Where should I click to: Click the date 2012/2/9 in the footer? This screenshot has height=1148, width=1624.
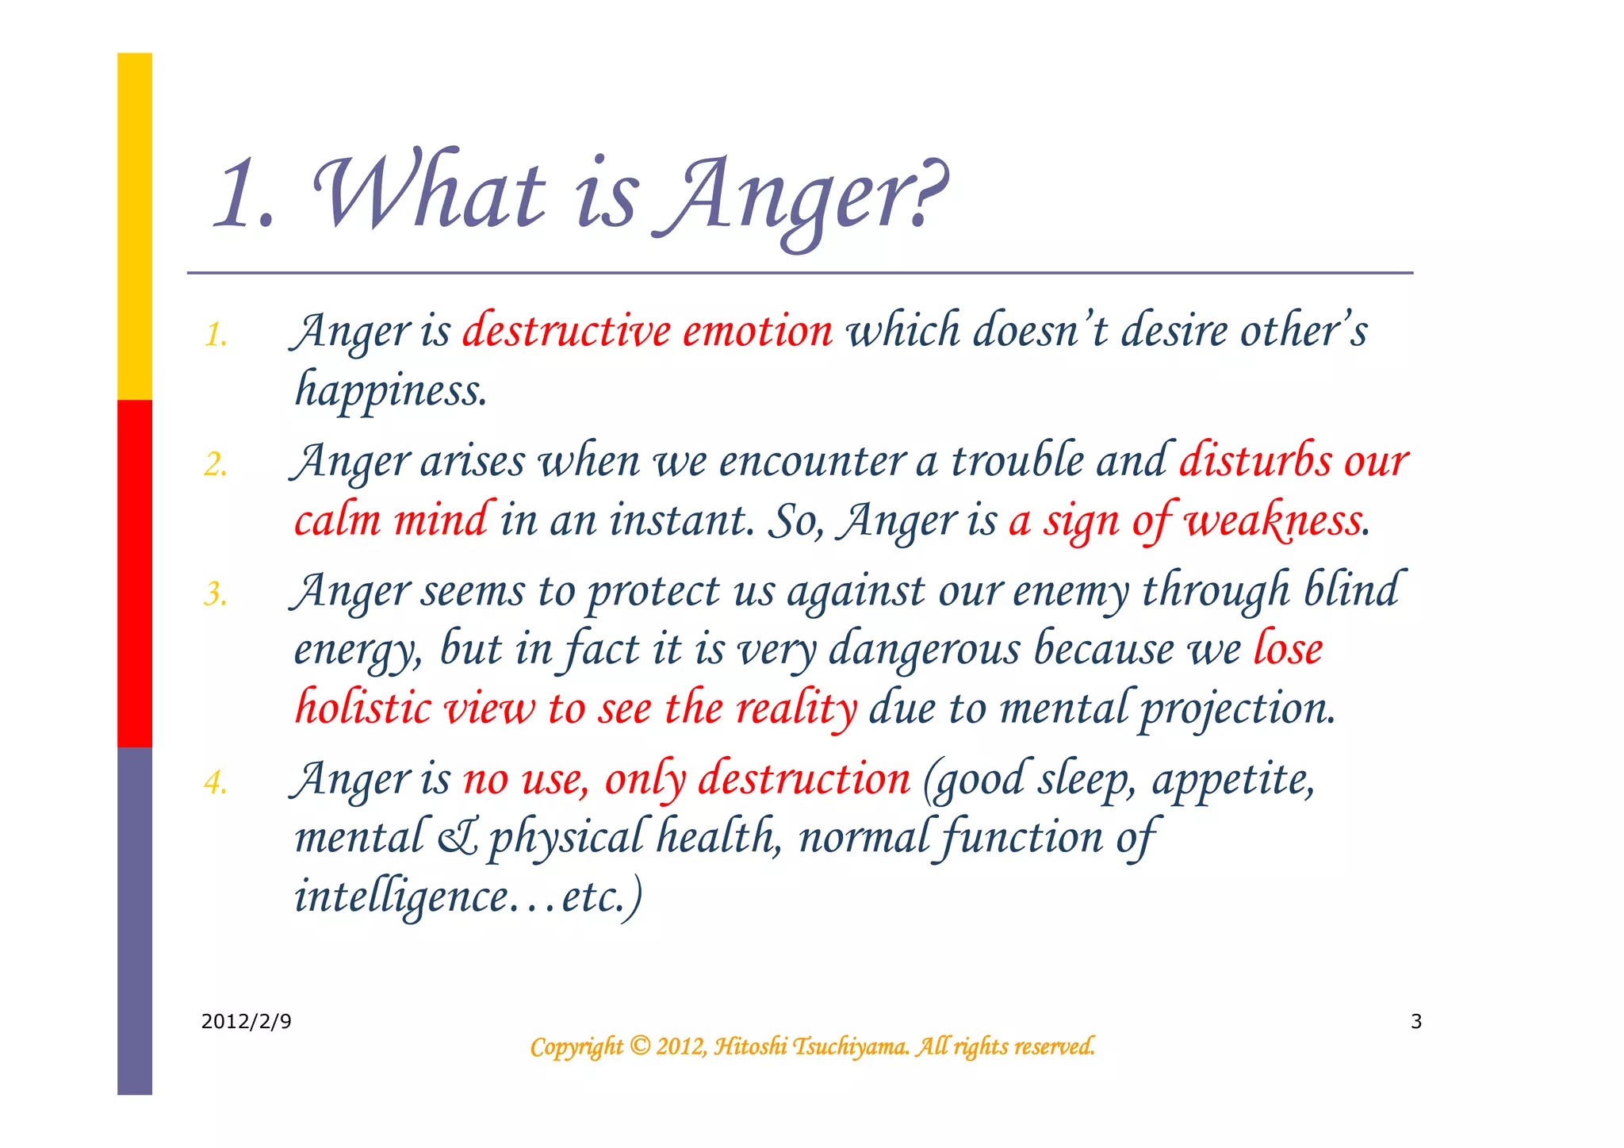pyautogui.click(x=246, y=1021)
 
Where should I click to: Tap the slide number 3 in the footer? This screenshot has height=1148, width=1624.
pyautogui.click(x=1416, y=1021)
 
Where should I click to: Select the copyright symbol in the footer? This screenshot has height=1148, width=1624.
pyautogui.click(x=640, y=1046)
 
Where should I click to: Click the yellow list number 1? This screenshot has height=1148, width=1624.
pyautogui.click(x=216, y=335)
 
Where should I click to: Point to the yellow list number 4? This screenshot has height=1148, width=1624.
pyautogui.click(x=216, y=782)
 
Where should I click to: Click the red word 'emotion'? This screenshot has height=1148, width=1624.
pyautogui.click(x=757, y=330)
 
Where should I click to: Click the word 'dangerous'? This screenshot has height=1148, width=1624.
pyautogui.click(x=925, y=649)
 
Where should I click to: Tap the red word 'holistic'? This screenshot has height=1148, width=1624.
pyautogui.click(x=362, y=707)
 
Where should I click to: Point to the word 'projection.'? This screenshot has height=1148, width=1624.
pyautogui.click(x=1237, y=708)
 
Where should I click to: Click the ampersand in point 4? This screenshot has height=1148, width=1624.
pyautogui.click(x=458, y=838)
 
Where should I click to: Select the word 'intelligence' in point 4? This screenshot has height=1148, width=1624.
pyautogui.click(x=400, y=897)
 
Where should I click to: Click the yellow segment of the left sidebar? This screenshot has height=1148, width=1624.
pyautogui.click(x=135, y=226)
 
